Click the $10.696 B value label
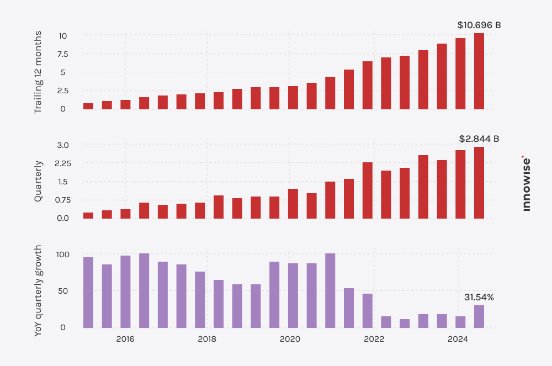point(479,25)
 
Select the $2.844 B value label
point(479,139)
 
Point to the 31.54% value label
point(479,297)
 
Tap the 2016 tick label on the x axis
point(125,338)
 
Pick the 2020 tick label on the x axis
point(290,338)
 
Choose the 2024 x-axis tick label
point(458,338)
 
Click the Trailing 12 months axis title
point(38,72)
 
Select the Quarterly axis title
point(38,181)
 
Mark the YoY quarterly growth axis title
point(38,291)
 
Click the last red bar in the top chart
point(479,71)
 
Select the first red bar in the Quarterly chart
point(88,215)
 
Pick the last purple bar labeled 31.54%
point(479,316)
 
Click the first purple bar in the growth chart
point(88,293)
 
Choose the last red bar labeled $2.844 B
point(479,183)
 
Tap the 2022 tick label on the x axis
point(374,338)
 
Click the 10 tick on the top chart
point(63,36)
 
